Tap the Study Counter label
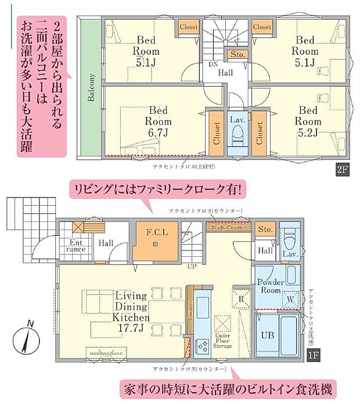pyautogui.click(x=229, y=227)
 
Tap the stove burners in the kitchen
pyautogui.click(x=204, y=345)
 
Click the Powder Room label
pyautogui.click(x=270, y=286)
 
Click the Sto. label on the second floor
pyautogui.click(x=237, y=54)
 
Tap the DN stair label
pyautogui.click(x=214, y=64)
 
